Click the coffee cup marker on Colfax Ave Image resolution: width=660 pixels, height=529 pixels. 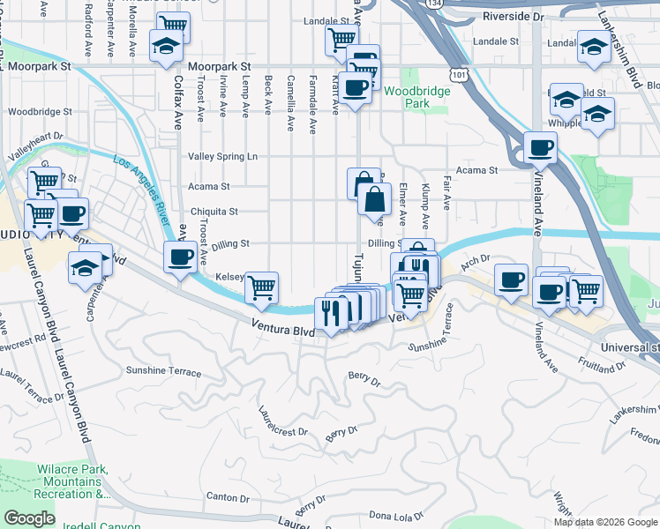coord(181,258)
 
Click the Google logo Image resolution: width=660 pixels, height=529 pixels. coord(29,518)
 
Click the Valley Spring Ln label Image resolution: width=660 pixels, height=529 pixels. coord(222,156)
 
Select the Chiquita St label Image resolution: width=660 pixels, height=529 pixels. coord(214,212)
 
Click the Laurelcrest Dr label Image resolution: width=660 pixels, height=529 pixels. coord(282,421)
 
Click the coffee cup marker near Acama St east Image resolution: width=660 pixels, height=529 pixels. coord(540,147)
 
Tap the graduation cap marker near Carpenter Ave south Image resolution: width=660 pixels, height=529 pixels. coord(85,267)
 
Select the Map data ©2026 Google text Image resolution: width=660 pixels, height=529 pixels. coord(604,522)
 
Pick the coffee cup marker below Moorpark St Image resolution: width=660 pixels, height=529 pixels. coord(355,89)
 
